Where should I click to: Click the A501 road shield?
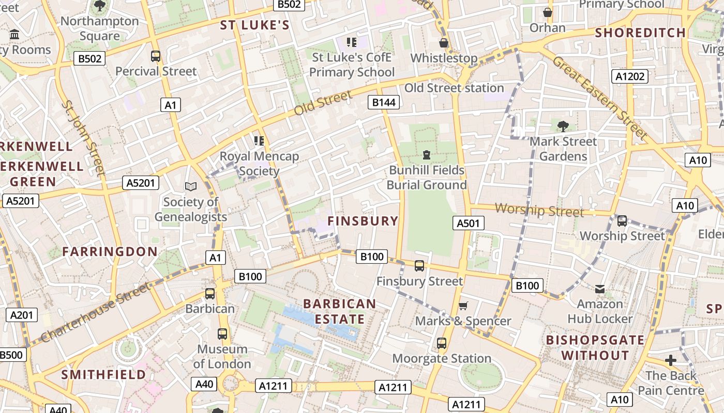pos(469,223)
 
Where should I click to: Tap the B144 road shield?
pos(384,102)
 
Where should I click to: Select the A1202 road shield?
pos(630,76)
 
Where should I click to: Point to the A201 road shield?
pos(22,315)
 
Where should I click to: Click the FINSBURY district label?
pos(363,221)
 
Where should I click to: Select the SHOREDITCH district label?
pos(640,33)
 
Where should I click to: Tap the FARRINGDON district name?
pos(110,251)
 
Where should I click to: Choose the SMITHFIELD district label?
pos(103,374)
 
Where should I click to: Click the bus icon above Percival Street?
pos(156,56)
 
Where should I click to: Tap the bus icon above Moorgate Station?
pos(442,343)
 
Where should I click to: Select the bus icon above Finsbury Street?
pos(419,266)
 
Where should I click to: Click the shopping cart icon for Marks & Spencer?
pos(463,306)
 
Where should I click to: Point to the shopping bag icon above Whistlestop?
pos(444,42)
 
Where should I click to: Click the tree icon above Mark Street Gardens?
pos(563,125)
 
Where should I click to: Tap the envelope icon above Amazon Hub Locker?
pos(600,289)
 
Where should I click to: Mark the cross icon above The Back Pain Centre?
pos(671,360)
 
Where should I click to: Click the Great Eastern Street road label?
pos(600,98)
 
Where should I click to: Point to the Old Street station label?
pos(454,88)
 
